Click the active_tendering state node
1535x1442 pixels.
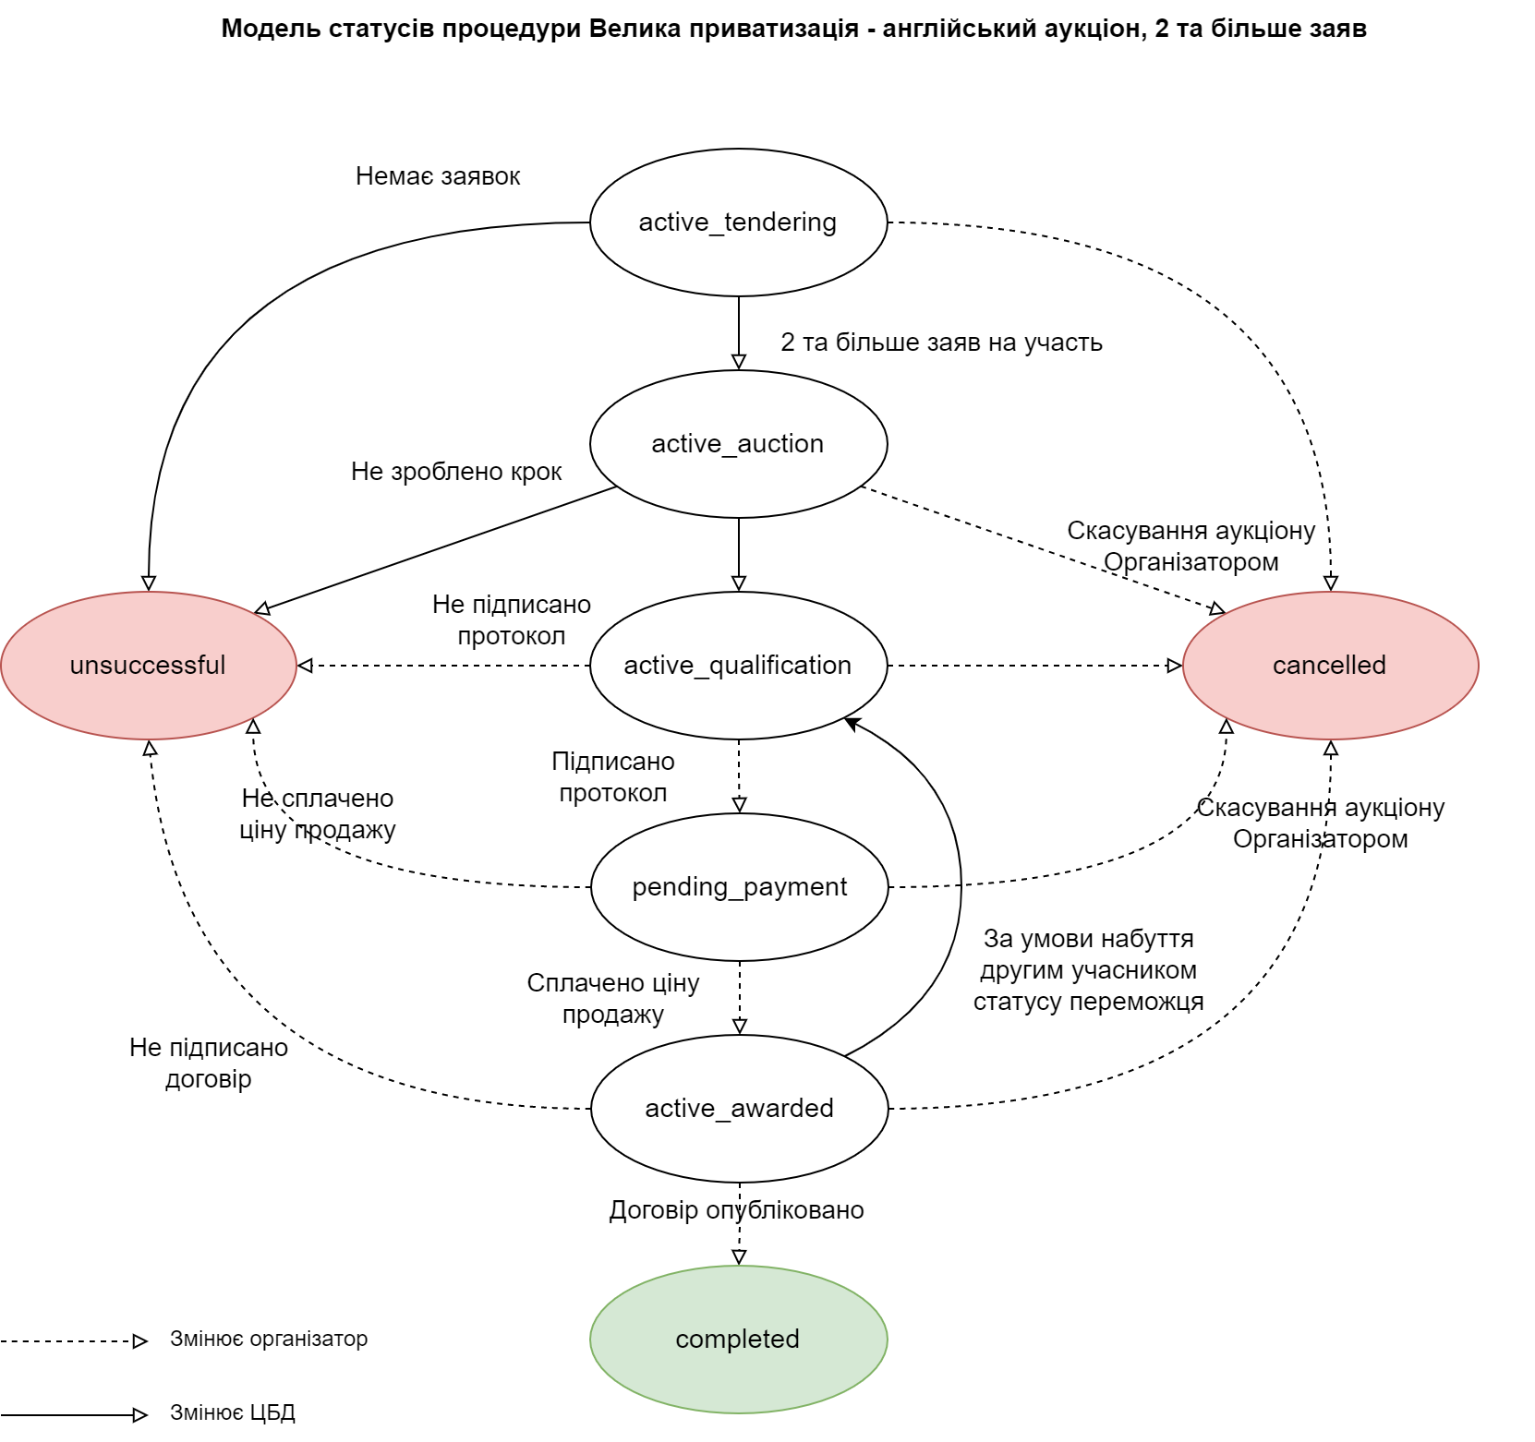tap(738, 222)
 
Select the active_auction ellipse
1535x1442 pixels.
tap(738, 444)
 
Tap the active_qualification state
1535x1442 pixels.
tap(738, 666)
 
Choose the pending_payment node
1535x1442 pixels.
tap(739, 887)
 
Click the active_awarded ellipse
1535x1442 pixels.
tap(739, 1109)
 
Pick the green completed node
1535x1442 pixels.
tap(738, 1340)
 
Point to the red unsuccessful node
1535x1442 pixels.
tap(148, 666)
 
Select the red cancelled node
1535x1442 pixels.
tap(1330, 666)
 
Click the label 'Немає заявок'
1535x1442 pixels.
tap(438, 176)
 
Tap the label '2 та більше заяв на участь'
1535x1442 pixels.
tap(941, 342)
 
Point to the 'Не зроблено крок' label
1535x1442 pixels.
tap(456, 472)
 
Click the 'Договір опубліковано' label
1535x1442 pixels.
tap(736, 1210)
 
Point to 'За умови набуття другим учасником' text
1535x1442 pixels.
tap(1088, 955)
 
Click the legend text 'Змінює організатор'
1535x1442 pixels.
tap(269, 1339)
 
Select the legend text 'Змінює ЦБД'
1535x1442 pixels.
tap(233, 1412)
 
